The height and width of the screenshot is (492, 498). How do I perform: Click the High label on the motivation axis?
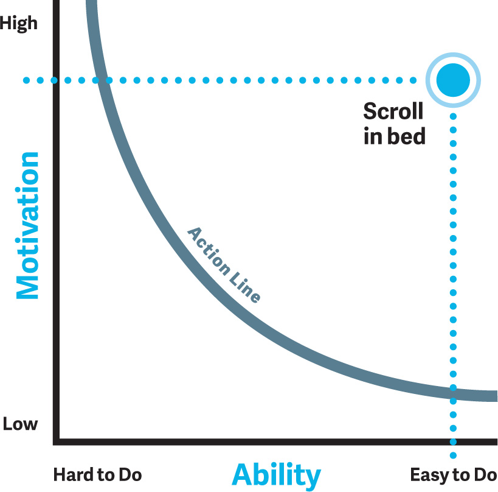[18, 24]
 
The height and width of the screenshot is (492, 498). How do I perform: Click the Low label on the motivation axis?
[20, 424]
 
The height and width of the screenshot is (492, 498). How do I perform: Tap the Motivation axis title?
[27, 225]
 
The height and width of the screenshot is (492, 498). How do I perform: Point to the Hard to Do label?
[97, 475]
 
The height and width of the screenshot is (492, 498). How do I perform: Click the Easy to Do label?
[454, 476]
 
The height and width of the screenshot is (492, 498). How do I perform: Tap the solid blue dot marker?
[453, 80]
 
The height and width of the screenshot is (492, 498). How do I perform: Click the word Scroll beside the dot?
[393, 111]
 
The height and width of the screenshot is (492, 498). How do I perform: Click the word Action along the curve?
[209, 251]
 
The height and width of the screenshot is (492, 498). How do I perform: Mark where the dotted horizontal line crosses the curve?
[102, 80]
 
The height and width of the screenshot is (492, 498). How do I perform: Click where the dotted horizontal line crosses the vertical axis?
[56, 80]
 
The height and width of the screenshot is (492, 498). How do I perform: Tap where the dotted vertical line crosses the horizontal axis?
[453, 441]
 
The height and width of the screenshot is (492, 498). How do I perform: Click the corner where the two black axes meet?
[56, 441]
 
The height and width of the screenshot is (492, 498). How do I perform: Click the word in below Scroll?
[373, 136]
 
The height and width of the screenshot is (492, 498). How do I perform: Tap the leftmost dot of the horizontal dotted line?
[26, 80]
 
